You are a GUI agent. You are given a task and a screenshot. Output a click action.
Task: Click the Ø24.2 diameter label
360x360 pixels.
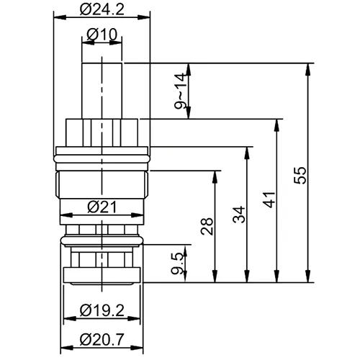[102, 10]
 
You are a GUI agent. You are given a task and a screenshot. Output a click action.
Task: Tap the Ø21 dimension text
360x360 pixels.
[102, 207]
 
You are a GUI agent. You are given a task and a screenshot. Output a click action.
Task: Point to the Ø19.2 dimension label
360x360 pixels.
[102, 312]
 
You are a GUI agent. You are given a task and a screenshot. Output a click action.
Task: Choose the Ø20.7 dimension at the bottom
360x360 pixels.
[102, 338]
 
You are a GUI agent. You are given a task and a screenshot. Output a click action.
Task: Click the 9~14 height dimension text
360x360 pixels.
[180, 91]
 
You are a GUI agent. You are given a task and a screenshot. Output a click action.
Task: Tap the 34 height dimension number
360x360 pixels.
[240, 215]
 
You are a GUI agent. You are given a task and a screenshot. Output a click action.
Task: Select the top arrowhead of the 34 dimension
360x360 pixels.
[248, 149]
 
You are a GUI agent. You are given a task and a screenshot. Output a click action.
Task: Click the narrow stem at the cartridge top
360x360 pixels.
[102, 86]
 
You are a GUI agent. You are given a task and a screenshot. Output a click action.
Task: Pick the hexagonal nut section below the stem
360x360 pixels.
[102, 131]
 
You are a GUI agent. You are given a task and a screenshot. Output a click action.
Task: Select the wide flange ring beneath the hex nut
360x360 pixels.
[102, 153]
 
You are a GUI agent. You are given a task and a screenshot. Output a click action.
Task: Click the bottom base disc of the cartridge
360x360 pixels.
[102, 274]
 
